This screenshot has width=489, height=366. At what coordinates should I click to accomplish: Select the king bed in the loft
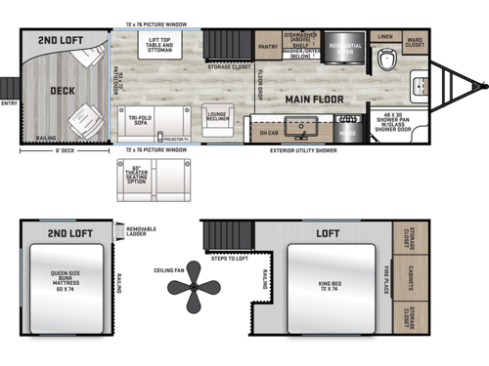coord(329,285)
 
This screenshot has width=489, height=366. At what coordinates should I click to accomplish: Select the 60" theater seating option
coord(163,175)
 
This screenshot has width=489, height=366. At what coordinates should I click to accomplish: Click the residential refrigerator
coord(344,48)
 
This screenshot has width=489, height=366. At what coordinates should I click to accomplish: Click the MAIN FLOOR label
coord(314,100)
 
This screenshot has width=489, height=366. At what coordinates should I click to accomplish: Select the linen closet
coord(384,36)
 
